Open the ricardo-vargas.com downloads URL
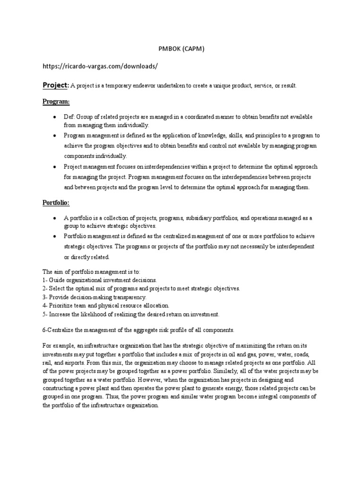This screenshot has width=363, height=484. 100,67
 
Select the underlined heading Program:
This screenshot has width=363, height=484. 56,101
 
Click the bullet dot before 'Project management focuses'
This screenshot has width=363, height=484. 55,167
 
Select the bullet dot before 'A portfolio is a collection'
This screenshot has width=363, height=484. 55,218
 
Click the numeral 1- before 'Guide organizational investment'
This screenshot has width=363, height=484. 45,280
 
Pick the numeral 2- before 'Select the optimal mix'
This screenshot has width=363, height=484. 45,288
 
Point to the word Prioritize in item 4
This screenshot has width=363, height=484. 62,306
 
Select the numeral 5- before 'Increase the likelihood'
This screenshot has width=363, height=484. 45,314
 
